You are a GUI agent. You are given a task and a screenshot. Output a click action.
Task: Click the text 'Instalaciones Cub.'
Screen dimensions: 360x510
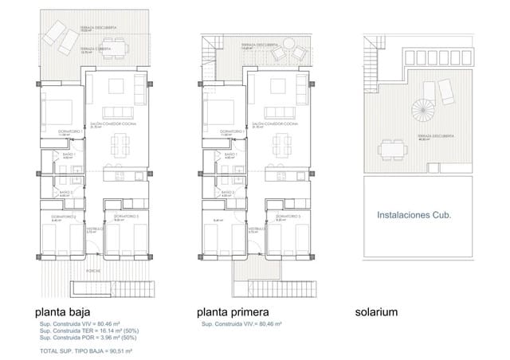tap(414, 214)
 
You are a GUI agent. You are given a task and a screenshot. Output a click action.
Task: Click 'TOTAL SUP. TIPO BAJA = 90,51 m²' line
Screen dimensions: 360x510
tap(85, 350)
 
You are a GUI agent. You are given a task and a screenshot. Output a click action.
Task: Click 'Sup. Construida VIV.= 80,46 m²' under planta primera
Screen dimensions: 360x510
tap(244, 324)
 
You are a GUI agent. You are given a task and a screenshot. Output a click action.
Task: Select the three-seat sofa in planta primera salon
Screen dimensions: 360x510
tap(281, 112)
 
